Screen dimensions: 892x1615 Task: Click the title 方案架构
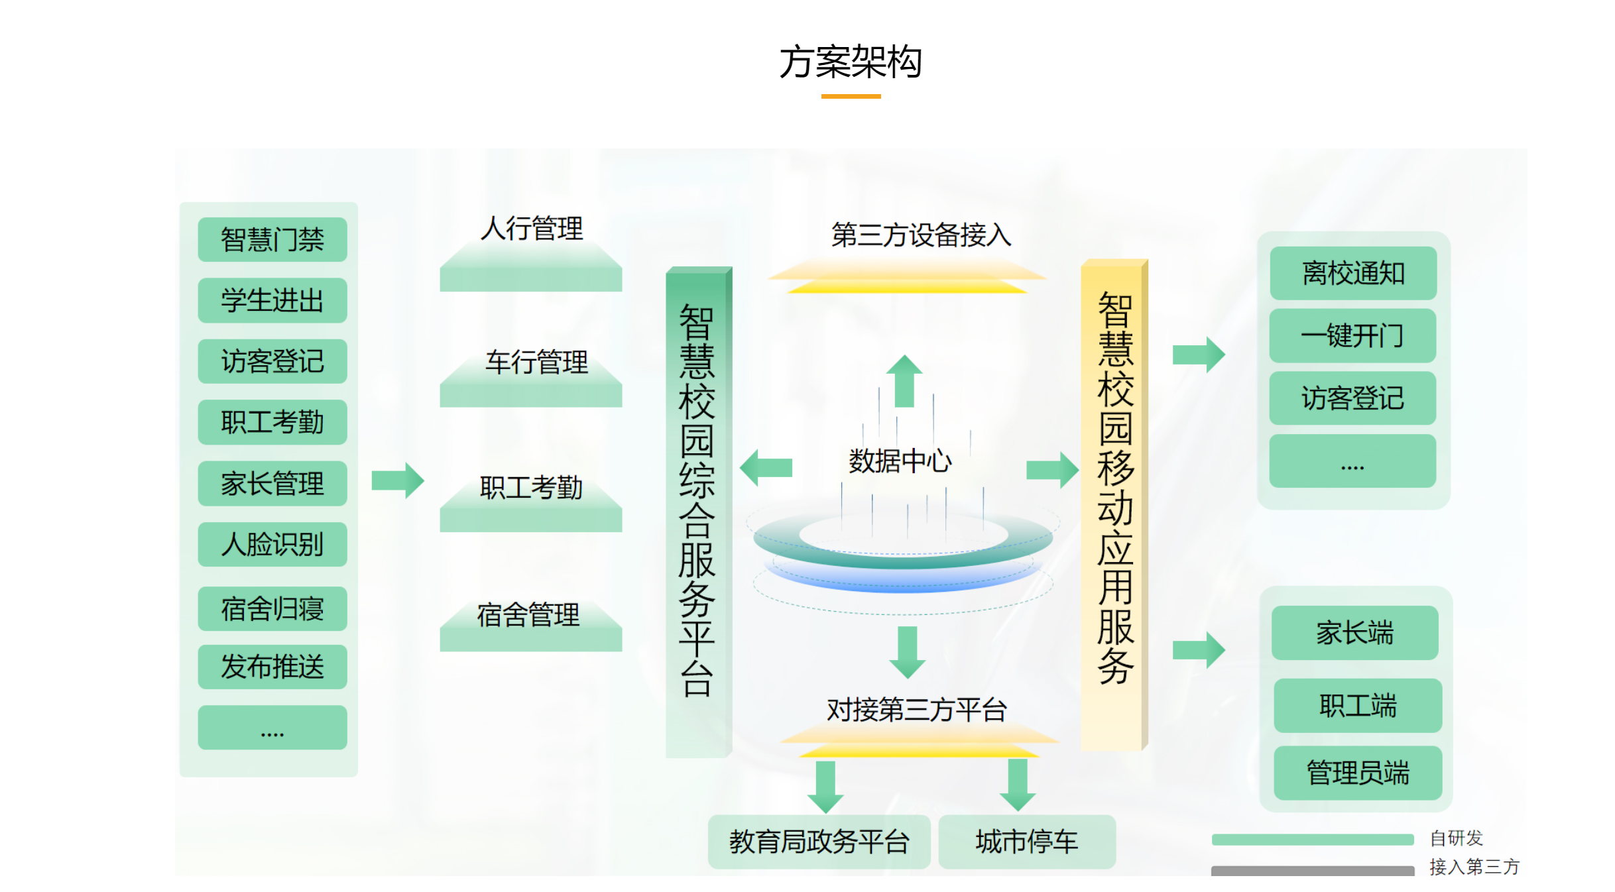[851, 62]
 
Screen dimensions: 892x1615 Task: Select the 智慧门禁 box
[272, 239]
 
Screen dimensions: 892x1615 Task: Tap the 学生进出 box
[272, 300]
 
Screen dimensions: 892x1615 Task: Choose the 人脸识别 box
[272, 544]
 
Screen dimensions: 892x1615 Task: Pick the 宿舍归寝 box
[272, 608]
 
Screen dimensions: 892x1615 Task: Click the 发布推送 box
[272, 667]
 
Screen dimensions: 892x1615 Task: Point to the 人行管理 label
[531, 229]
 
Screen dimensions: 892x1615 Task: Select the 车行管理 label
[536, 362]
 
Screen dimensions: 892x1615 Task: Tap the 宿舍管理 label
[528, 614]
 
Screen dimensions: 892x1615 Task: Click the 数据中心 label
[900, 461]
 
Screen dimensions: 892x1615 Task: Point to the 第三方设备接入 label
[921, 235]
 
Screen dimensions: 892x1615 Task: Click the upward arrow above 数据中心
[904, 381]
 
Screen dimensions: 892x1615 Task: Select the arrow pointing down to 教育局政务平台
[825, 787]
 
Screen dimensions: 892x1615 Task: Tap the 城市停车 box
[1026, 842]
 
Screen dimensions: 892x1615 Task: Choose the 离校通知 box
[1353, 273]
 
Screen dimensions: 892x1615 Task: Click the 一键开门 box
[1352, 335]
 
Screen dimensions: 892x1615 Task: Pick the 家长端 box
[1354, 633]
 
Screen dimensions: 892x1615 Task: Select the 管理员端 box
[1357, 773]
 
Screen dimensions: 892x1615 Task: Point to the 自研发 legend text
[1456, 838]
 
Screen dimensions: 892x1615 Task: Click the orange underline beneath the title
[851, 97]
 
